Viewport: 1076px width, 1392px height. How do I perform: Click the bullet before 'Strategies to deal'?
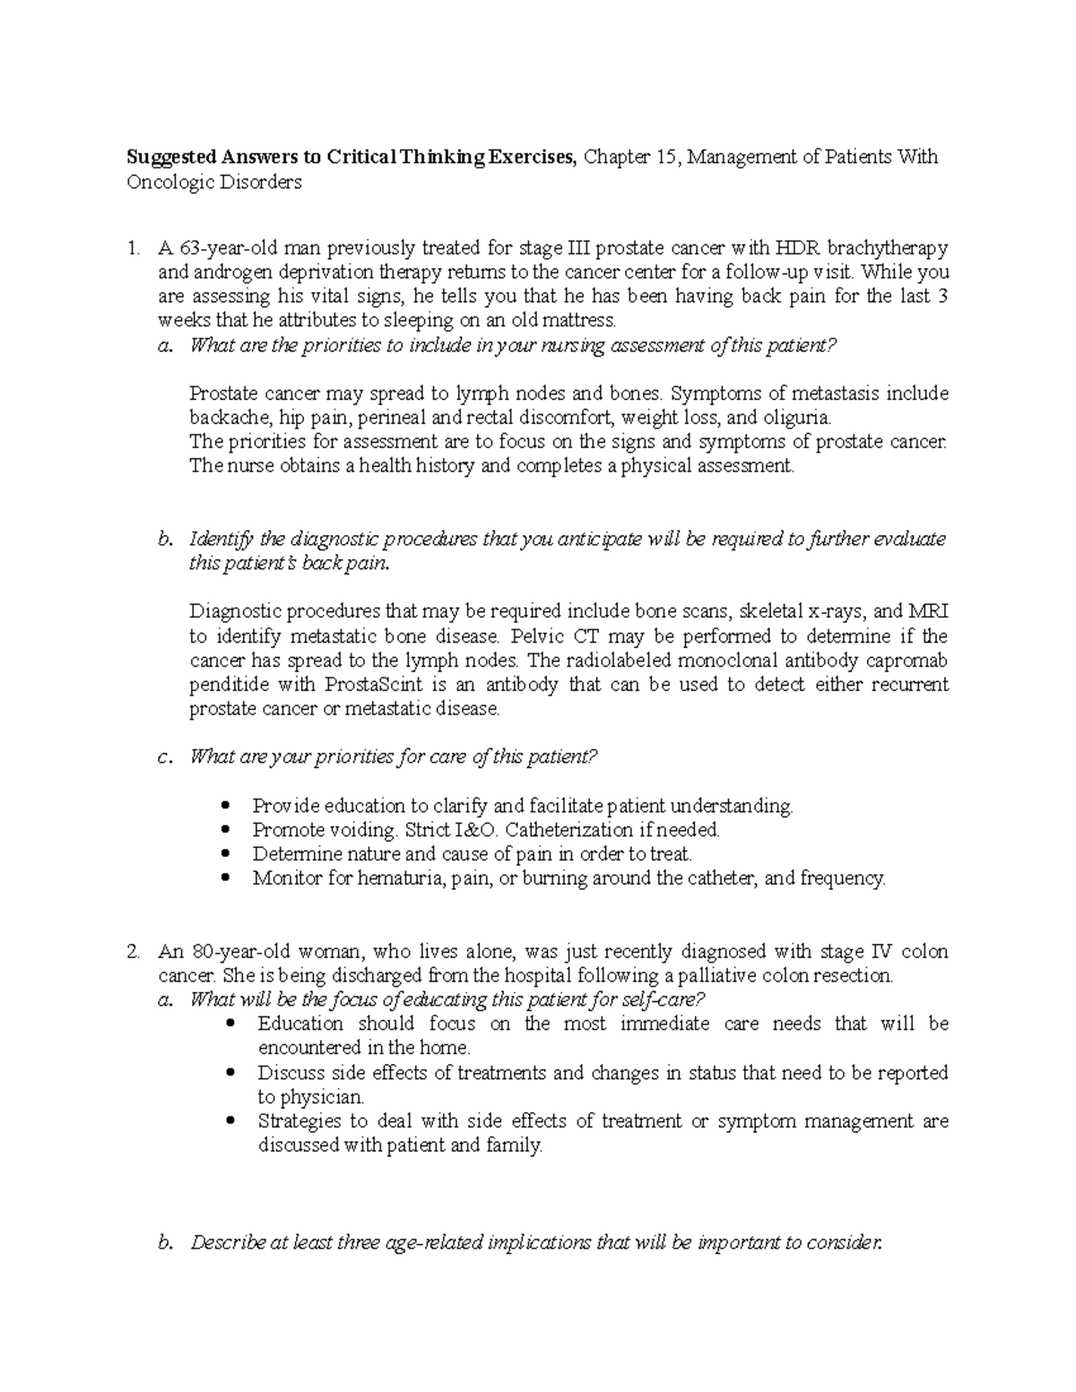[x=232, y=1121]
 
